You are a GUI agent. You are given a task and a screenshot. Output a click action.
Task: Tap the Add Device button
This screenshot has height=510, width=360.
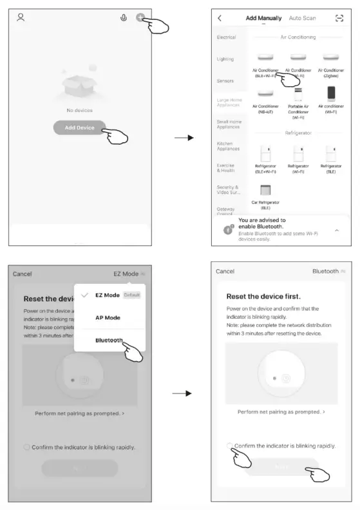80,127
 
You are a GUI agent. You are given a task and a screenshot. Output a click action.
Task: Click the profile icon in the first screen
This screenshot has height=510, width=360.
21,17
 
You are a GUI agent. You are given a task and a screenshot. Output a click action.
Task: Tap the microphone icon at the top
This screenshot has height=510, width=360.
124,18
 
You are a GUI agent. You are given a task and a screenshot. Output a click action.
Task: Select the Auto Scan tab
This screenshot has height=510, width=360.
303,18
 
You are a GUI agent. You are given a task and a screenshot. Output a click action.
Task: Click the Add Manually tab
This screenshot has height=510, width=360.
264,18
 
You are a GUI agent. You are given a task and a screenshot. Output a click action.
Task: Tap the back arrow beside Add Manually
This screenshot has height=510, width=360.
220,18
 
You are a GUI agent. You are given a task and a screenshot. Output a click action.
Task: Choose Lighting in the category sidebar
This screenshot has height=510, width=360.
225,59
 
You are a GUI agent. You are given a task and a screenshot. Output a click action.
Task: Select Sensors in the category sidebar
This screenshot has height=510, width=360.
225,80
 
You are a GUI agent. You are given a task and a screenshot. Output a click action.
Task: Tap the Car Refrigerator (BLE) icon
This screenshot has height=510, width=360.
265,191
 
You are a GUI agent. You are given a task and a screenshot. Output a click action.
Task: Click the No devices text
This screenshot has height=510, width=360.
79,110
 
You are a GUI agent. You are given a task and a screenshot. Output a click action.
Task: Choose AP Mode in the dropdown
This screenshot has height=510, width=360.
108,317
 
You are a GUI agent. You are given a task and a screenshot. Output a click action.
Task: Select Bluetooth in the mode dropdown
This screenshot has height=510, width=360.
109,340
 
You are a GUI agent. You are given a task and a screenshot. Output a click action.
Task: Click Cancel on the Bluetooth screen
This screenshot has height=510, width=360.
225,271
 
